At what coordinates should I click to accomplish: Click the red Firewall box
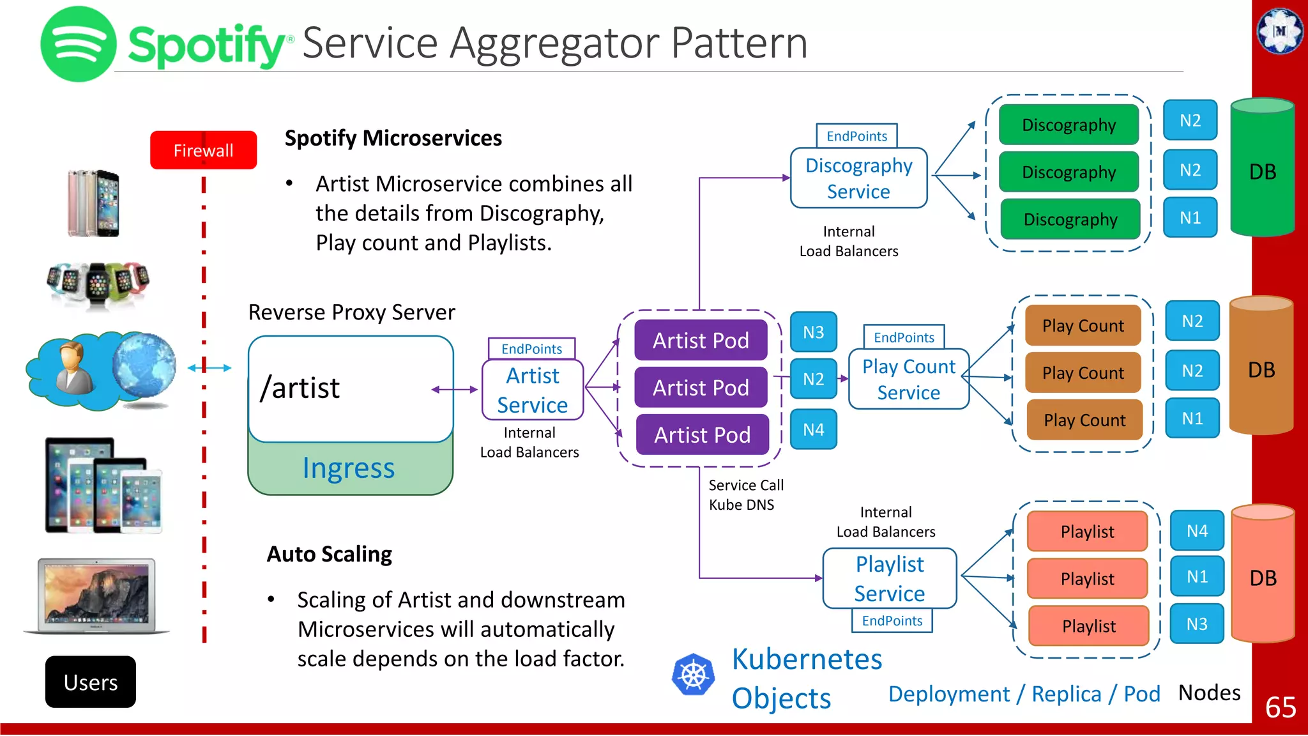203,150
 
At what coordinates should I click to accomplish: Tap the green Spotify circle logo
78,44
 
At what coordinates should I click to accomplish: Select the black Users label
90,682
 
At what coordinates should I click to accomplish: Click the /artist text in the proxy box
300,388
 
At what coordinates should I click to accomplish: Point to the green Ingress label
349,468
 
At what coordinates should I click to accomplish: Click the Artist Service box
533,390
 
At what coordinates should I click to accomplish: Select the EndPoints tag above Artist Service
531,349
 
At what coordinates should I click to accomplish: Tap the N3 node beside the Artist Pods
813,332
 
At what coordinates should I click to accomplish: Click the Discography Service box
858,178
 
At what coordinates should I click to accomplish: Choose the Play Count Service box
908,379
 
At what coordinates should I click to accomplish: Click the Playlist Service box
890,578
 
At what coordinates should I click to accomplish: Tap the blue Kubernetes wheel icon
693,675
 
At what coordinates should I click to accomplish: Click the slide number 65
1280,707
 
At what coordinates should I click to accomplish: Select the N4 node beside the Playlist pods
1197,531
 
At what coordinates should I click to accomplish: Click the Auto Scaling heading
329,554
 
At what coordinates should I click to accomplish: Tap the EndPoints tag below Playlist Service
892,621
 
